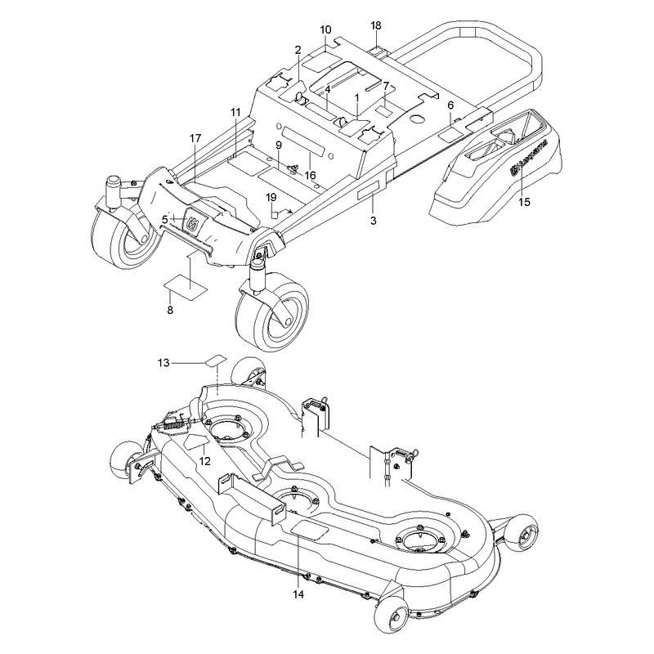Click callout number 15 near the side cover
click(x=524, y=202)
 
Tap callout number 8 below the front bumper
click(x=170, y=311)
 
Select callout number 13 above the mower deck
click(x=163, y=363)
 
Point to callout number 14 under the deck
click(x=298, y=594)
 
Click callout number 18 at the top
click(x=376, y=25)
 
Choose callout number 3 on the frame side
click(x=374, y=221)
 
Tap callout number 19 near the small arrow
click(x=271, y=197)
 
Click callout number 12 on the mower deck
click(x=205, y=461)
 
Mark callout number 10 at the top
click(x=325, y=29)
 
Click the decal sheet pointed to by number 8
click(x=186, y=287)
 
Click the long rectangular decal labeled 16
click(x=303, y=141)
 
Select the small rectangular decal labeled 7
click(x=383, y=111)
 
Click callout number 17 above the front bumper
click(x=195, y=138)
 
